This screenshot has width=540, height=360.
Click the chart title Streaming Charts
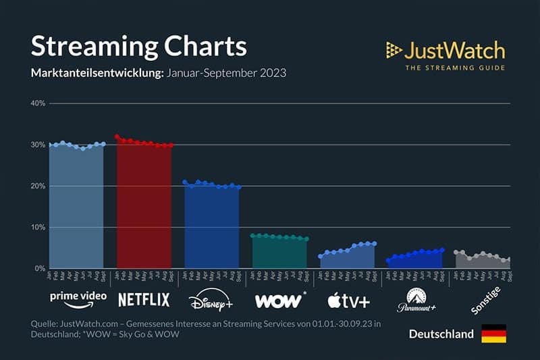click(x=138, y=47)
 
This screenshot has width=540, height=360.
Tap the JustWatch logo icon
click(x=394, y=49)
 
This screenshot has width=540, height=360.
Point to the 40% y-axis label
click(x=37, y=103)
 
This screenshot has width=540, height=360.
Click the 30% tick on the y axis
click(x=37, y=145)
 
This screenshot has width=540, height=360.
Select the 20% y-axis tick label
click(x=37, y=186)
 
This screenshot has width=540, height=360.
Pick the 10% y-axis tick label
click(x=37, y=228)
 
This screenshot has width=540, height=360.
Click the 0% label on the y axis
click(x=39, y=269)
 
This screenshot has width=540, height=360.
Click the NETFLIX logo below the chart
click(x=144, y=299)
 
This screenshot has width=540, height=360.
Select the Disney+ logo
click(x=211, y=299)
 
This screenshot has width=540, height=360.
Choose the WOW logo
click(x=279, y=299)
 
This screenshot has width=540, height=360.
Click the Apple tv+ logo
click(x=347, y=299)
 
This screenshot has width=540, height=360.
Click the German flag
click(x=493, y=334)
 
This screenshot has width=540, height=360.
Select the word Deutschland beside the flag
click(x=441, y=334)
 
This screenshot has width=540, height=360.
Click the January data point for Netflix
click(x=117, y=136)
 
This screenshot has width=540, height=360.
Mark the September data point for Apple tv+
click(x=374, y=244)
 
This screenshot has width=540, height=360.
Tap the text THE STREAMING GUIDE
click(x=454, y=68)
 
